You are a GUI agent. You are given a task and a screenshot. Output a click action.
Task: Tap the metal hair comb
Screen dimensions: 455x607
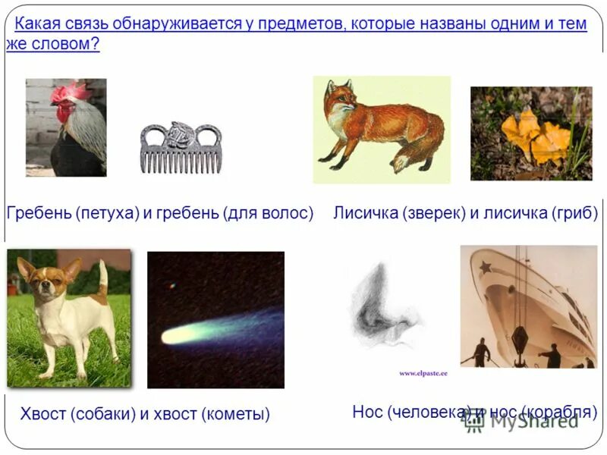pyautogui.click(x=180, y=147)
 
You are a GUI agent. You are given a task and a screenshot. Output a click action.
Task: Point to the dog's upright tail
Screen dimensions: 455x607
pyautogui.click(x=102, y=277)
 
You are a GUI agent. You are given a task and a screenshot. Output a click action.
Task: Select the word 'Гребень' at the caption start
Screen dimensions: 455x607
pyautogui.click(x=38, y=213)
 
